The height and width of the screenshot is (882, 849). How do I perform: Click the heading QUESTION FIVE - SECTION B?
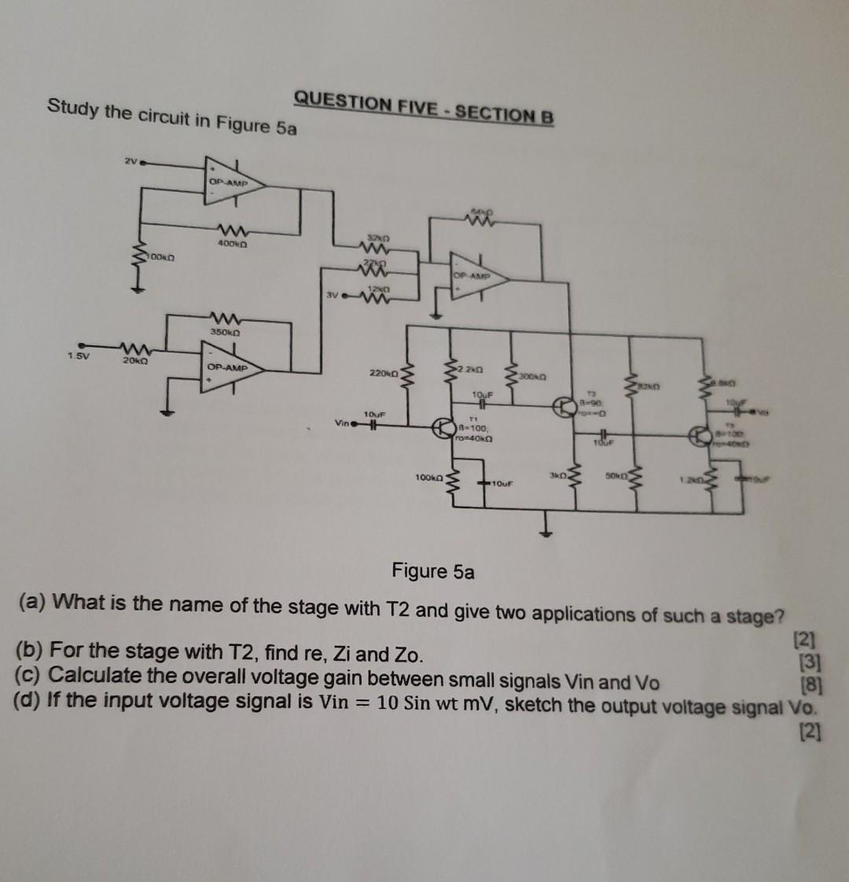pyautogui.click(x=424, y=108)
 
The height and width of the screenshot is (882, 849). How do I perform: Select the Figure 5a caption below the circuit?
pyautogui.click(x=433, y=570)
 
